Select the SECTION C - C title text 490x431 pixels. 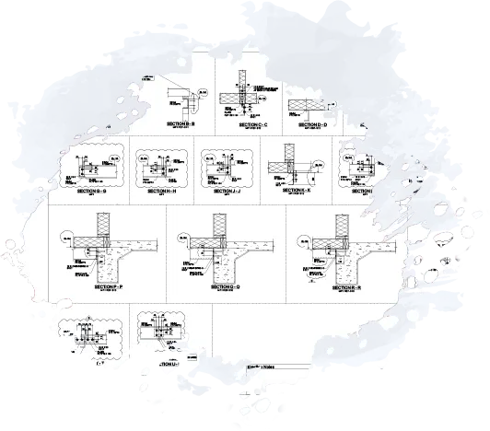click(x=251, y=122)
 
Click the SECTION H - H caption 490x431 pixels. click(x=158, y=191)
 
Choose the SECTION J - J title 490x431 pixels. click(x=227, y=191)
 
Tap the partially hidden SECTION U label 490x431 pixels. click(x=169, y=365)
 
